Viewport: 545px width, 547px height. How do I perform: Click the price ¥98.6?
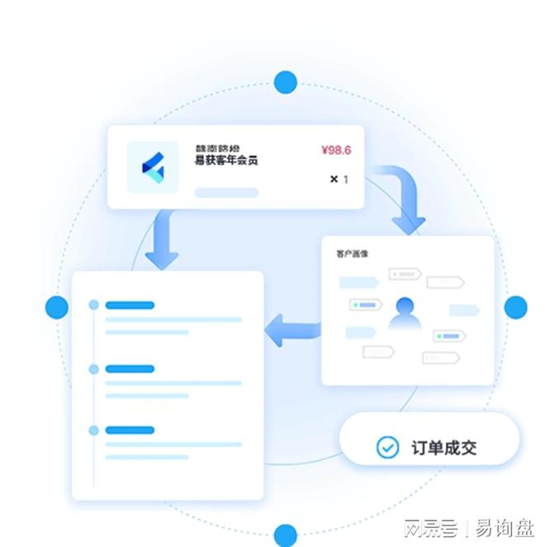coord(335,150)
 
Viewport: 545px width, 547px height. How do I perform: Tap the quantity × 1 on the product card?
coord(339,178)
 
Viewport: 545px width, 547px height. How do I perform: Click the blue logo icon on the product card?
coord(153,168)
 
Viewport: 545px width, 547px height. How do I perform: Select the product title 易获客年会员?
coord(225,160)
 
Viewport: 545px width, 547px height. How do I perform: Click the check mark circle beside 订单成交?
coord(387,447)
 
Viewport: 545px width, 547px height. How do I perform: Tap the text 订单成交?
coord(443,448)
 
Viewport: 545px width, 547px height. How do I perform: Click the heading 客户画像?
coord(352,253)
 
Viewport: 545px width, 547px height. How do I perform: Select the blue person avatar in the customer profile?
coord(405,312)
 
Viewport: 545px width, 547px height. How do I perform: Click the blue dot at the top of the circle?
coord(286,82)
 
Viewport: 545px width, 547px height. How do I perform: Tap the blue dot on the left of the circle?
coord(57,307)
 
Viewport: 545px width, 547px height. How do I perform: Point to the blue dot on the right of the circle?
coord(515,307)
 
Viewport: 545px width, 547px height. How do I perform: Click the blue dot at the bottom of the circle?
coord(286,534)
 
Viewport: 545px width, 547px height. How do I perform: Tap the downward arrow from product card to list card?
coord(161,240)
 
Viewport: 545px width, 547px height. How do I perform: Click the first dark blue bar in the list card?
coord(130,305)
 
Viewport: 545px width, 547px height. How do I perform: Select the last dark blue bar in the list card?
coord(130,430)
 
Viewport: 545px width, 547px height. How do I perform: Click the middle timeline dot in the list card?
coord(93,369)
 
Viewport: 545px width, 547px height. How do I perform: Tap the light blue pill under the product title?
coord(226,193)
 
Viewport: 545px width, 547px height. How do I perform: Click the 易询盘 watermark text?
coord(505,528)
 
